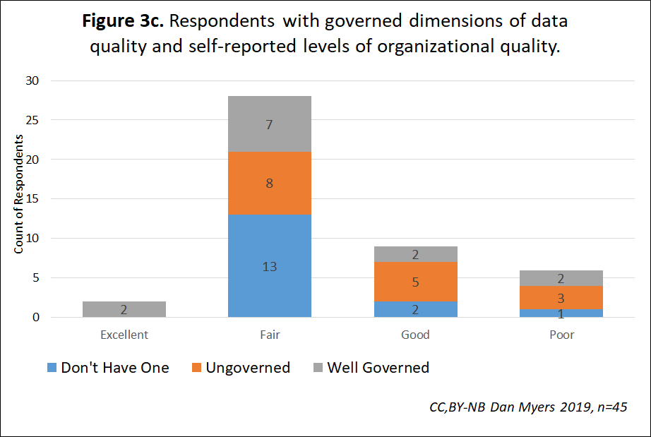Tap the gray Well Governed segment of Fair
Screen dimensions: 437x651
[x=270, y=124]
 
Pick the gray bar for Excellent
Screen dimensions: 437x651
[x=124, y=309]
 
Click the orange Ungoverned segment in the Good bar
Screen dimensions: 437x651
[x=415, y=282]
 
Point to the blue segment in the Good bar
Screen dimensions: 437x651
[x=415, y=309]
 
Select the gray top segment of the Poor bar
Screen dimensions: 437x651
[x=561, y=278]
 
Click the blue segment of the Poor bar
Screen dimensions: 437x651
[x=561, y=313]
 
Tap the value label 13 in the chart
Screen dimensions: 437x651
[x=270, y=267]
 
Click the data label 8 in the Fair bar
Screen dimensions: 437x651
[x=270, y=184]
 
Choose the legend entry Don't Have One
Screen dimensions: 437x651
[x=107, y=367]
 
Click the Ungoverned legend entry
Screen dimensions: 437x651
[x=241, y=367]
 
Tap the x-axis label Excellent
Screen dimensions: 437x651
[x=124, y=335]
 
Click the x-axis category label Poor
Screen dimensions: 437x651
[x=561, y=335]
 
